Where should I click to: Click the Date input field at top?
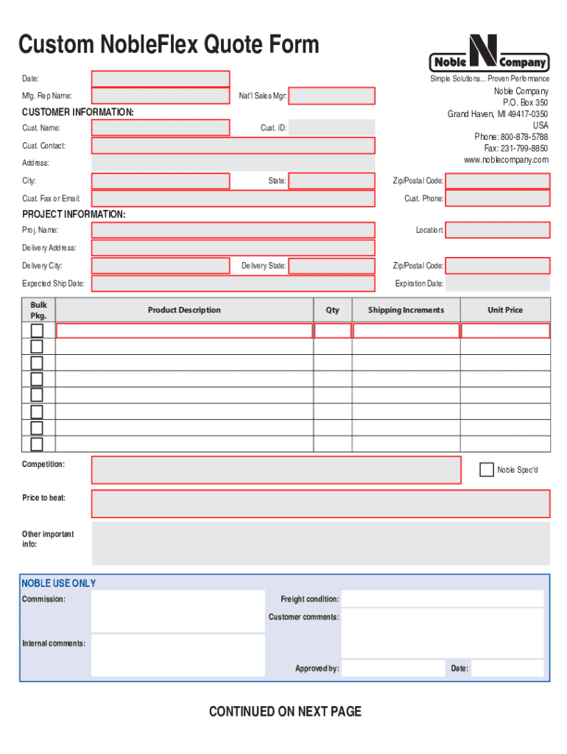[160, 79]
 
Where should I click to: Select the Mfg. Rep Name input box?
[160, 96]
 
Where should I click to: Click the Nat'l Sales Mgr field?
[331, 96]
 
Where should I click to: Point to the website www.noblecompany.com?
[505, 160]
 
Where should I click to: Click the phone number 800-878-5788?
[524, 137]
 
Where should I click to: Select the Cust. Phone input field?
[498, 198]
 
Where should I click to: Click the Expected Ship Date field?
[233, 283]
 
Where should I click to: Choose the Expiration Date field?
[498, 283]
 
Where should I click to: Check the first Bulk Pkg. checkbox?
[37, 331]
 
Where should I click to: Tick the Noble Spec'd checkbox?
[486, 469]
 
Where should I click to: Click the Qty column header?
[333, 310]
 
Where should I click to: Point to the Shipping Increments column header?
[406, 310]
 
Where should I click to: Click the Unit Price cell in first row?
[505, 331]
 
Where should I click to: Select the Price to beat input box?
[320, 504]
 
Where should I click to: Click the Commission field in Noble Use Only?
[177, 611]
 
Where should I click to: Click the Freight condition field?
[443, 599]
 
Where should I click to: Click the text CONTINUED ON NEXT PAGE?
[285, 711]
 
